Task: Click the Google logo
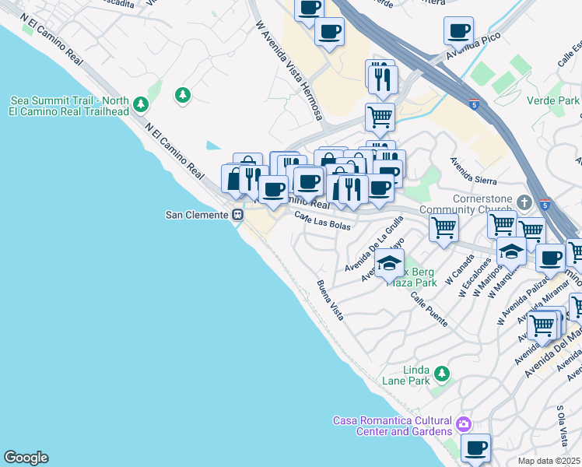(26, 458)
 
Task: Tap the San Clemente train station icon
(237, 215)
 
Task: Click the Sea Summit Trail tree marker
(140, 104)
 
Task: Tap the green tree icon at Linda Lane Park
(442, 374)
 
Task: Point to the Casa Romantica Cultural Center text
(393, 426)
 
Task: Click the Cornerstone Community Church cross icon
(524, 202)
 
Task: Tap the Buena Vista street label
(330, 300)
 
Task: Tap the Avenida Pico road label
(472, 47)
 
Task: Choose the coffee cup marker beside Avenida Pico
(458, 31)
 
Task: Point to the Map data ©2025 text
(549, 461)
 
